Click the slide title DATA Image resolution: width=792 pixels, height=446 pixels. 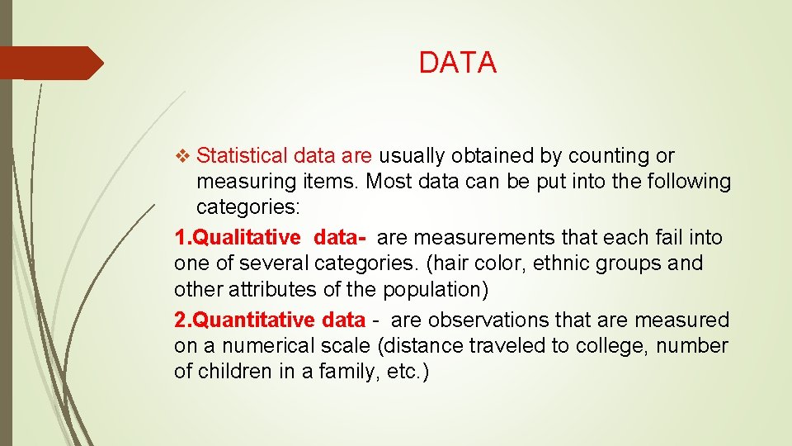[x=457, y=63]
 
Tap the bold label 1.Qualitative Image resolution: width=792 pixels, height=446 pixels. [x=238, y=238]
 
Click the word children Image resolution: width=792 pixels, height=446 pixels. [x=235, y=371]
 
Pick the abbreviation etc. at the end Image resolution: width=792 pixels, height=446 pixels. [x=407, y=371]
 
